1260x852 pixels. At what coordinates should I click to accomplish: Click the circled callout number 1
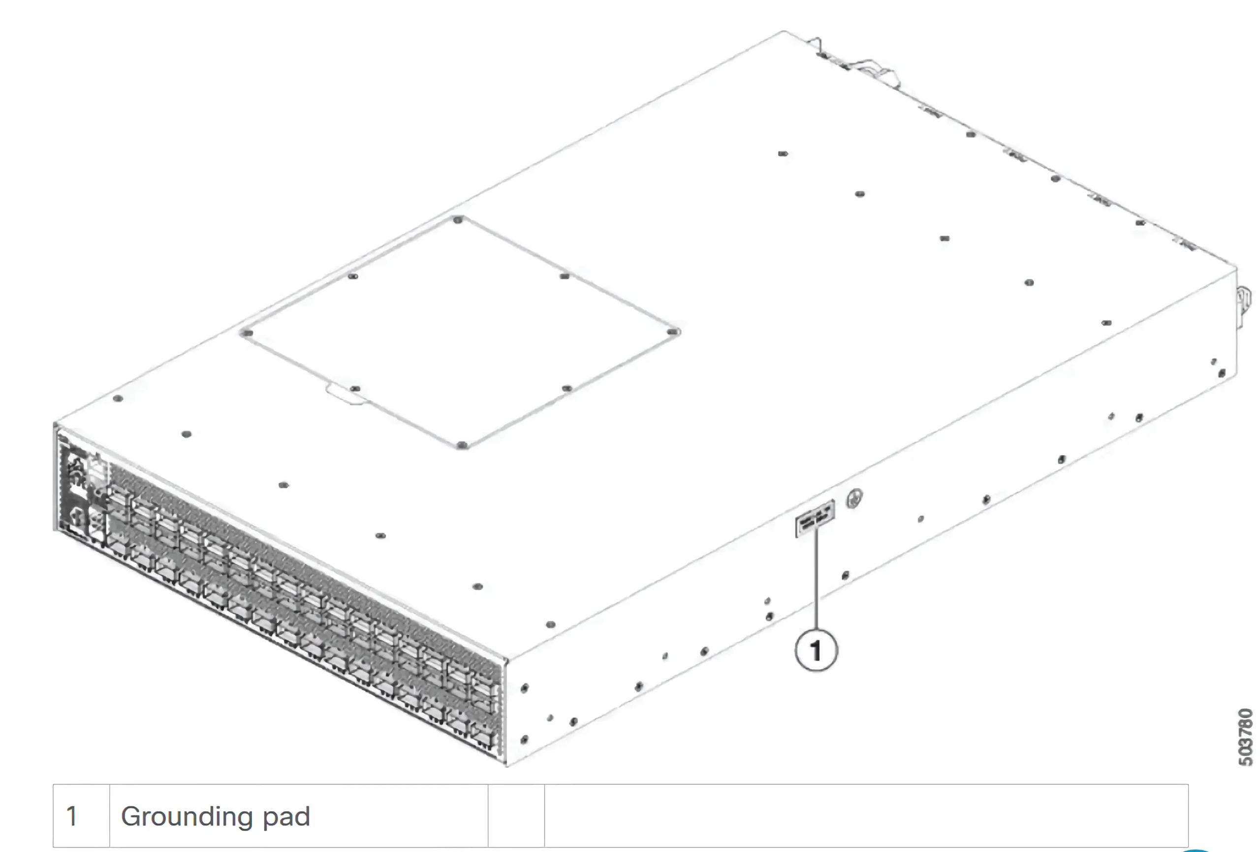click(x=816, y=650)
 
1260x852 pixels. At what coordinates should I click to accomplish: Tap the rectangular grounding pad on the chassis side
click(x=815, y=519)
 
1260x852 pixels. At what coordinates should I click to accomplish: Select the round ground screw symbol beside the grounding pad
click(x=854, y=498)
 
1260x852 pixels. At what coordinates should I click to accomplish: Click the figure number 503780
click(x=1245, y=737)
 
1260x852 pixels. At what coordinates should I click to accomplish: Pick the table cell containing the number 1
click(x=81, y=816)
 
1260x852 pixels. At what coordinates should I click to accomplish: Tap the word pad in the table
click(x=286, y=816)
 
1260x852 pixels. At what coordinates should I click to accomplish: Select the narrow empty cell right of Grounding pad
click(x=516, y=816)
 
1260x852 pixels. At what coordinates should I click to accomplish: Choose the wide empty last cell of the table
click(x=866, y=816)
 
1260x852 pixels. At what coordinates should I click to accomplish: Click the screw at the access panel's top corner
click(x=458, y=220)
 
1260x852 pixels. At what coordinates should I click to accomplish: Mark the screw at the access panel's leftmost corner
click(x=247, y=332)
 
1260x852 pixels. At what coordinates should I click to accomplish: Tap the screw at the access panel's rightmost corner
click(x=673, y=331)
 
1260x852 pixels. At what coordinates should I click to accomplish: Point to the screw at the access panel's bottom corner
click(x=462, y=445)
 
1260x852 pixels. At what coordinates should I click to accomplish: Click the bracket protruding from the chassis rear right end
click(x=1244, y=306)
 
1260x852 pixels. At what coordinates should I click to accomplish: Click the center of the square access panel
click(x=460, y=332)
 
